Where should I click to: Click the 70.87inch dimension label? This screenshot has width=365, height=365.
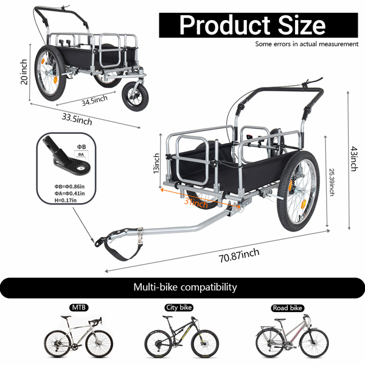pyautogui.click(x=239, y=255)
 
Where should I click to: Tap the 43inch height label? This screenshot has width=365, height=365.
pyautogui.click(x=353, y=159)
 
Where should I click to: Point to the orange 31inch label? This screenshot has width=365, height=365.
pyautogui.click(x=196, y=203)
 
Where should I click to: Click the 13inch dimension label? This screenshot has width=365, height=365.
pyautogui.click(x=156, y=163)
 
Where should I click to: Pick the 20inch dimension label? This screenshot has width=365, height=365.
pyautogui.click(x=24, y=72)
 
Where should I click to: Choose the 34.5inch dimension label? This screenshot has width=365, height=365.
pyautogui.click(x=94, y=100)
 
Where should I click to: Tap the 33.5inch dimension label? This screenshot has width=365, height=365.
pyautogui.click(x=77, y=119)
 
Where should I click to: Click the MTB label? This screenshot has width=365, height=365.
pyautogui.click(x=79, y=307)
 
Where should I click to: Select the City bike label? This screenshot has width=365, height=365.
pyautogui.click(x=179, y=307)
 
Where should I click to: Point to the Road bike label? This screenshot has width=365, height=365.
pyautogui.click(x=288, y=308)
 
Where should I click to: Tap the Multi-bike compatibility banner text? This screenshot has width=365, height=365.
pyautogui.click(x=185, y=287)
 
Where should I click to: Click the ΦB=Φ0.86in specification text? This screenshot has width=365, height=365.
pyautogui.click(x=69, y=187)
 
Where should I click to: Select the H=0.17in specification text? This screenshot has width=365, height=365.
pyautogui.click(x=66, y=200)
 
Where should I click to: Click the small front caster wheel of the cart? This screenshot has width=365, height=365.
pyautogui.click(x=135, y=96)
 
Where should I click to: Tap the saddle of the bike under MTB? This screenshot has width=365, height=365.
pyautogui.click(x=66, y=317)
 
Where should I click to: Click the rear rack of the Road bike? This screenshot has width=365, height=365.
pyautogui.click(x=265, y=328)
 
